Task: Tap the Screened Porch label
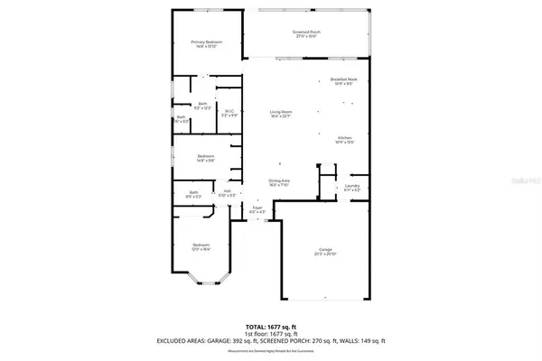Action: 306,33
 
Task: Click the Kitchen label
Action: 345,138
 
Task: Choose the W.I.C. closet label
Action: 229,114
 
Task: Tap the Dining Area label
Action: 279,182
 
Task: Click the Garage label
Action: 325,251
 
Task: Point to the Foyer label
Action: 257,209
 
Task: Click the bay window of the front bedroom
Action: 201,289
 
